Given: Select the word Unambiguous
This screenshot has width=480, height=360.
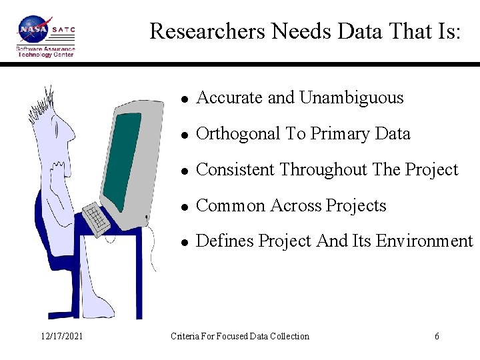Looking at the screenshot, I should [x=351, y=98].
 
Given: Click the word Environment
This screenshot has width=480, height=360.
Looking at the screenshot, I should [x=424, y=241].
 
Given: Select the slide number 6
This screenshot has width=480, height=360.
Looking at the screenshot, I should [x=437, y=337].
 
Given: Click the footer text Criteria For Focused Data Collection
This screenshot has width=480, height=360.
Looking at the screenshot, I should [x=240, y=337].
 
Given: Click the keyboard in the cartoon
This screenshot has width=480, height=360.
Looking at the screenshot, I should [x=97, y=219].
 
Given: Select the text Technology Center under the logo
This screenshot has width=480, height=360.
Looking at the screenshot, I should [x=45, y=55].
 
